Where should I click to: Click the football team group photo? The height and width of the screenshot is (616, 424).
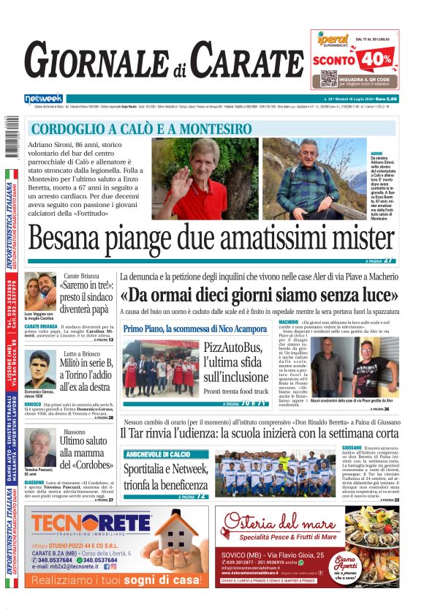tap(275, 472)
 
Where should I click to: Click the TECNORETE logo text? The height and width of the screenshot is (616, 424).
tap(80, 524)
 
